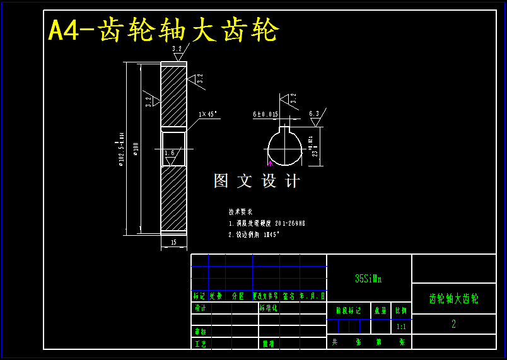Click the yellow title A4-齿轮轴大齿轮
[x=163, y=30]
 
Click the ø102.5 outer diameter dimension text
[x=121, y=149]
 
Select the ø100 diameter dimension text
[x=136, y=149]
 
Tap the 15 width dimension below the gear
[x=173, y=242]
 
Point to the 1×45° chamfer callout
[x=207, y=114]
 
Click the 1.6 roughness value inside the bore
[x=169, y=153]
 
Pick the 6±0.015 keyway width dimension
[x=265, y=115]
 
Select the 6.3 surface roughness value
[x=314, y=114]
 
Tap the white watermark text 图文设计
[x=257, y=181]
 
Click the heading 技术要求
[x=240, y=212]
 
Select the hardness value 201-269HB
[x=290, y=223]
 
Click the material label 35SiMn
[x=368, y=278]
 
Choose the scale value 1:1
[x=401, y=327]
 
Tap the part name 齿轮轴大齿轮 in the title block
[x=453, y=299]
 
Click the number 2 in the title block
[x=453, y=324]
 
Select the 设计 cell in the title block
[x=201, y=308]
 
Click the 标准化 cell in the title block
[x=268, y=308]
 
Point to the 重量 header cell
[x=380, y=310]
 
